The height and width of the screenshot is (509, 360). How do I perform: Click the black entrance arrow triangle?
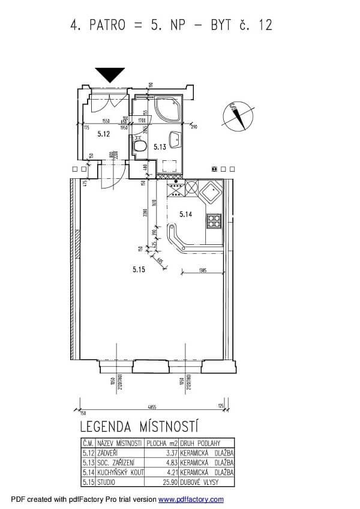(110, 74)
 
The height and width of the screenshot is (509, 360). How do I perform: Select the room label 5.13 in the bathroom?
(159, 146)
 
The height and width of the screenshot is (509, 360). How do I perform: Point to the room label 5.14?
(187, 212)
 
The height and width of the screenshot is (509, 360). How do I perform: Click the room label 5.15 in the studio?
(139, 270)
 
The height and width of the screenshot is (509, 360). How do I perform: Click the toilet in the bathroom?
(140, 145)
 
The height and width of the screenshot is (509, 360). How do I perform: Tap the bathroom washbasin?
(175, 139)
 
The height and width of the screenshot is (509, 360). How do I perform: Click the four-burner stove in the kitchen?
(214, 222)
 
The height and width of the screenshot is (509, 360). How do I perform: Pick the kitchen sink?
(212, 193)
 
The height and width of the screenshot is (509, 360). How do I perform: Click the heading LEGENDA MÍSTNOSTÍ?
(139, 427)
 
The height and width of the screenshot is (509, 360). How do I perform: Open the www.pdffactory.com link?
(191, 499)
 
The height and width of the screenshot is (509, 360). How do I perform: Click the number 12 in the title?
(264, 25)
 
